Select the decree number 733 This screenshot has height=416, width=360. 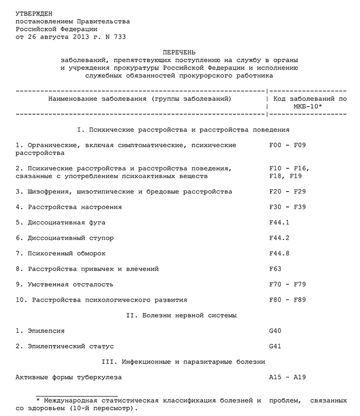pyautogui.click(x=119, y=38)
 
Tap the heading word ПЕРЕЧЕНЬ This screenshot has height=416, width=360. pyautogui.click(x=179, y=53)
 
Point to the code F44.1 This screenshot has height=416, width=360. pyautogui.click(x=280, y=222)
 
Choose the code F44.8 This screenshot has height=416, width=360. pyautogui.click(x=280, y=253)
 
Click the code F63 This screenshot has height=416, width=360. pyautogui.click(x=276, y=269)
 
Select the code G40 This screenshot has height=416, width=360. pyautogui.click(x=276, y=331)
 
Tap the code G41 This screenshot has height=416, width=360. pyautogui.click(x=276, y=346)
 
